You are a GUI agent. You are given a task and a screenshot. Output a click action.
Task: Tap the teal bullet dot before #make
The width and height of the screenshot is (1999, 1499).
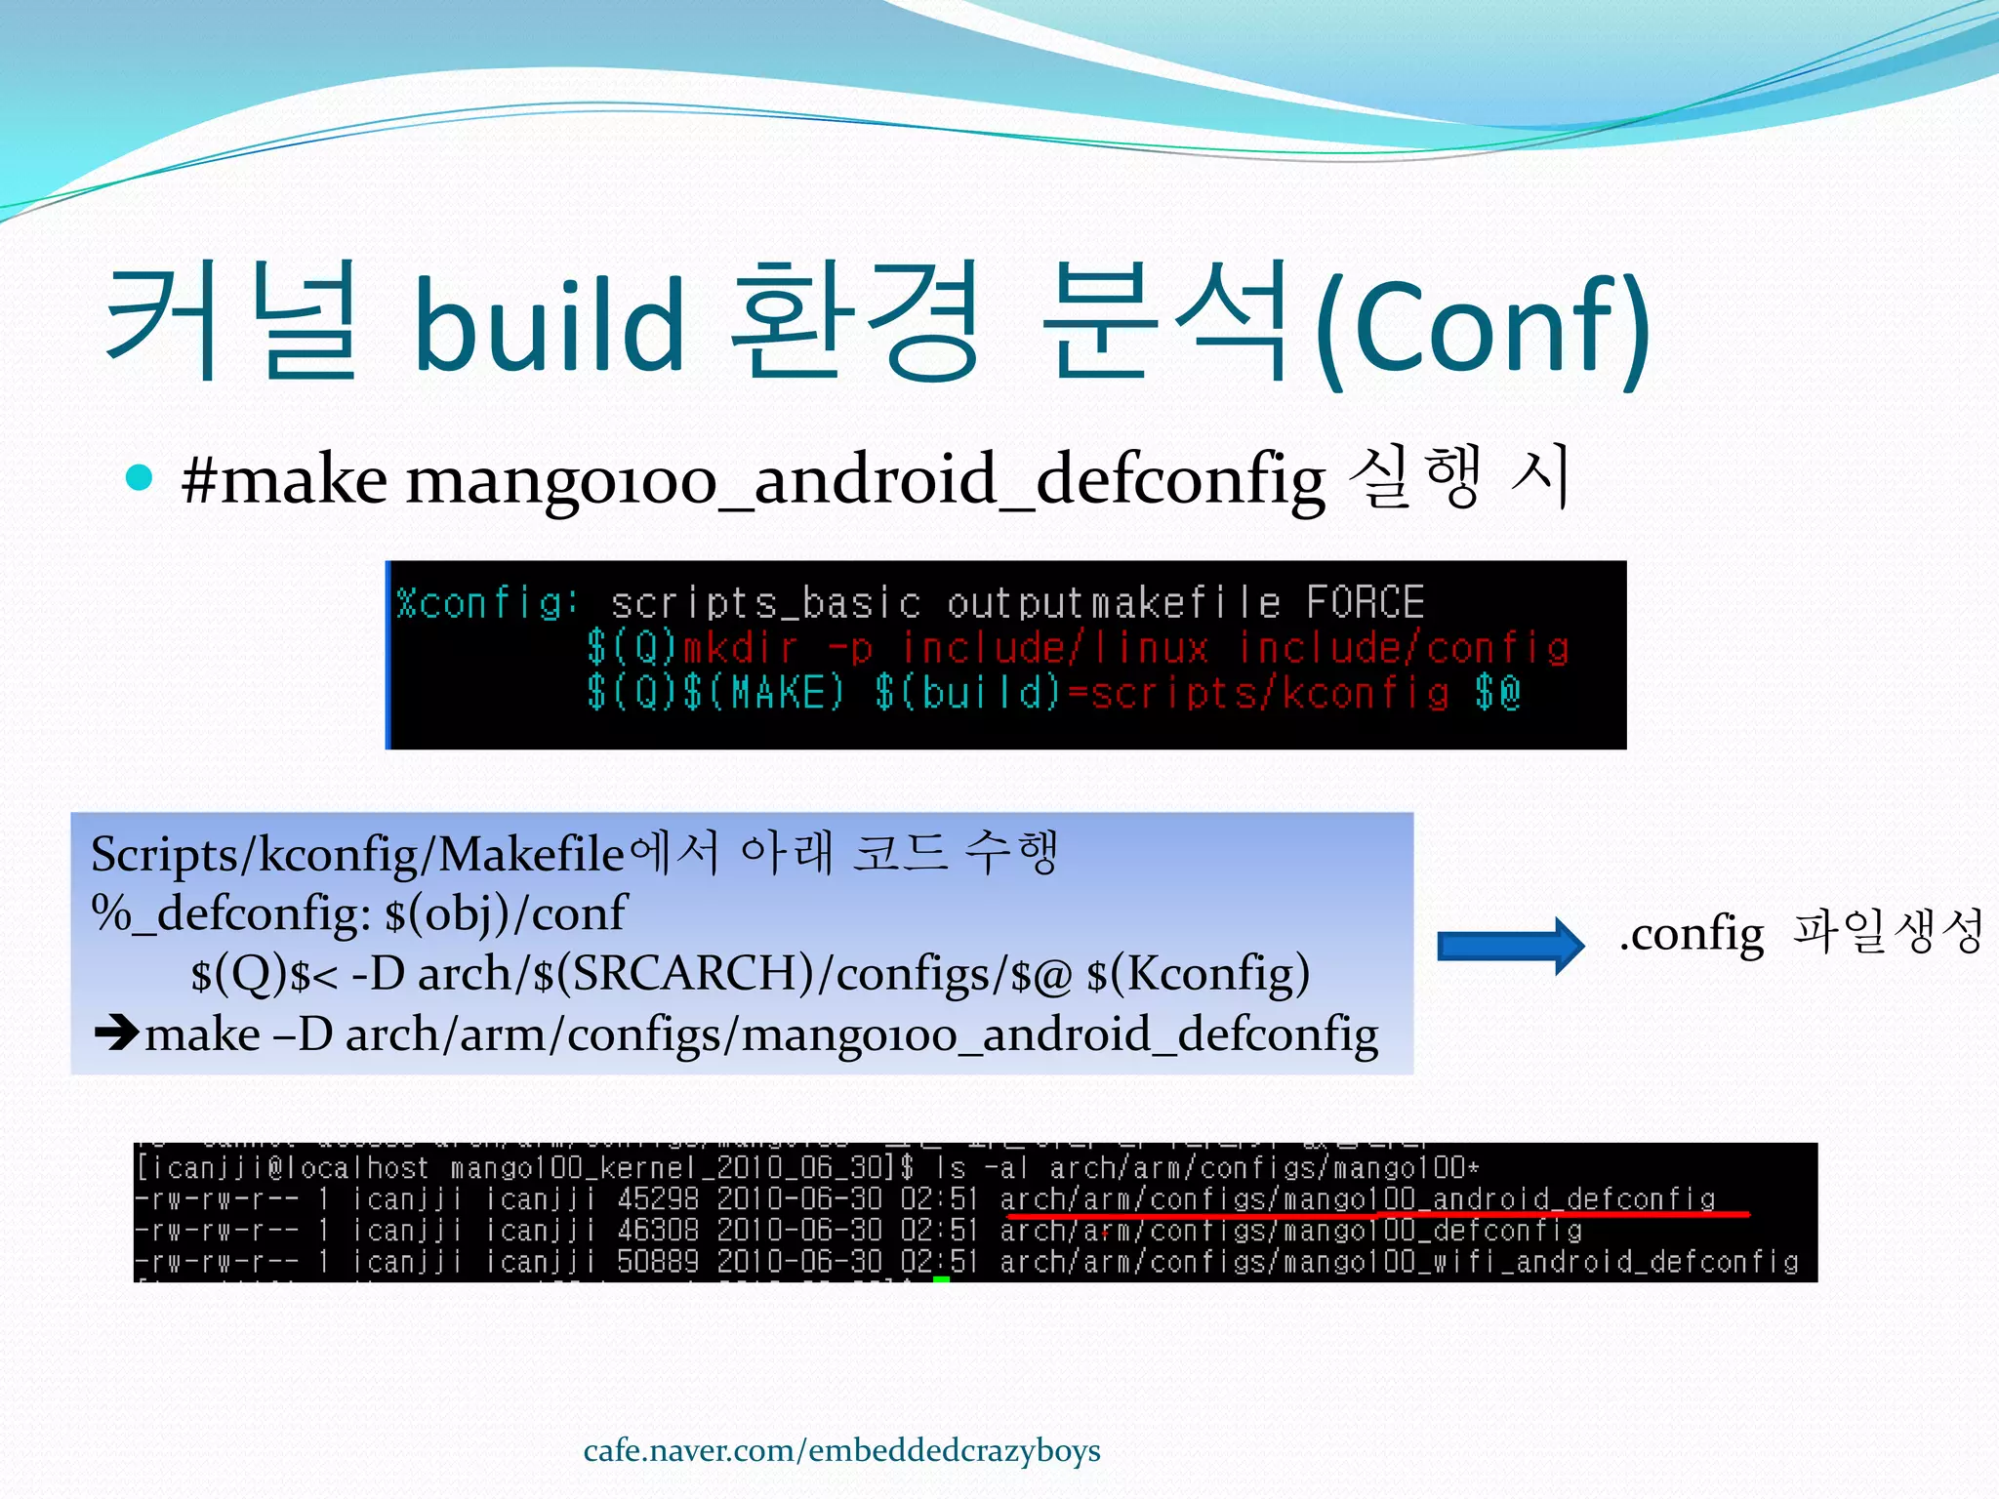(x=141, y=477)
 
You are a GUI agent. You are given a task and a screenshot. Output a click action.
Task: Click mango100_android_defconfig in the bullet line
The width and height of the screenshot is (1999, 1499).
(x=865, y=481)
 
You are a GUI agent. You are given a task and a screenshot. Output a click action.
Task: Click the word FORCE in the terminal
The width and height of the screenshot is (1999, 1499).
(x=1366, y=602)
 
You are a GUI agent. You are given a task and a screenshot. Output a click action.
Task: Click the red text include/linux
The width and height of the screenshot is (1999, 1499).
(x=1055, y=648)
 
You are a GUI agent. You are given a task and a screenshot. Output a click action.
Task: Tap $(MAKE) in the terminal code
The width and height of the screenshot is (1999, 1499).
(x=762, y=693)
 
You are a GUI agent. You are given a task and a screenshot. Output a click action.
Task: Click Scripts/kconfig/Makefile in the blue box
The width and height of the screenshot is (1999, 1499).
(x=356, y=855)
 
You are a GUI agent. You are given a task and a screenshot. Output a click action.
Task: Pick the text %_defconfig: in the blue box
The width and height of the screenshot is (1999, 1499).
(x=230, y=914)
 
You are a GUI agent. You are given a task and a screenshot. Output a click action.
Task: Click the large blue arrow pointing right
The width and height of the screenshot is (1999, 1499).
(x=1510, y=945)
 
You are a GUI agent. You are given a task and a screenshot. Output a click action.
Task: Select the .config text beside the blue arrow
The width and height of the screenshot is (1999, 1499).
(x=1692, y=934)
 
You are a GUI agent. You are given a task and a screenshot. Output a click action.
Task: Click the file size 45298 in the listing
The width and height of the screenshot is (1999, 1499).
(x=657, y=1199)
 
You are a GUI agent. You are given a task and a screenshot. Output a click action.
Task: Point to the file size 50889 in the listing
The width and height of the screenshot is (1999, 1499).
(x=657, y=1262)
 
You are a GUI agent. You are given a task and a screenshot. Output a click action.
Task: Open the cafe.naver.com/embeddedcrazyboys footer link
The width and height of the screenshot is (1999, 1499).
(x=841, y=1451)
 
